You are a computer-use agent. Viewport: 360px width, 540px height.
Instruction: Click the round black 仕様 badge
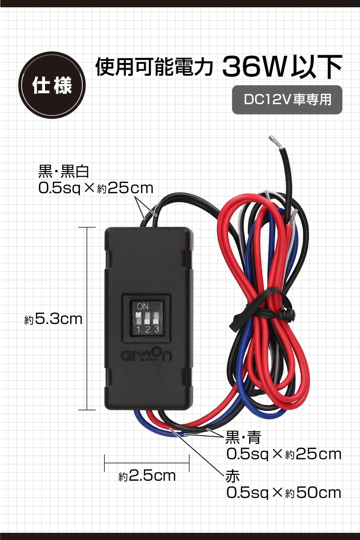(52, 85)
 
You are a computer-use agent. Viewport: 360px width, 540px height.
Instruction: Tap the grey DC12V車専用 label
(287, 100)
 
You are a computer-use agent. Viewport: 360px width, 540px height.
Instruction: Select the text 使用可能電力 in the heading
(154, 67)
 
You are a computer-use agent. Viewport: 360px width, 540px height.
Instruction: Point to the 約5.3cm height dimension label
(54, 319)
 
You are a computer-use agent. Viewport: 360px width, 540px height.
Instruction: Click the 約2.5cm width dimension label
(147, 476)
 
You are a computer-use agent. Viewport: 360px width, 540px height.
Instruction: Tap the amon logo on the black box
(146, 355)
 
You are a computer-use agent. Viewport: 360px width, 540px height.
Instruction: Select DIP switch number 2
(147, 319)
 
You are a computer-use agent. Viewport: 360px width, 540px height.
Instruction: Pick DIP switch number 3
(156, 319)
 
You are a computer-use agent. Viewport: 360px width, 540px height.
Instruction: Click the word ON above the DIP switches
(143, 306)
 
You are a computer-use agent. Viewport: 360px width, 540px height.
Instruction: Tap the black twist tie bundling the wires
(266, 309)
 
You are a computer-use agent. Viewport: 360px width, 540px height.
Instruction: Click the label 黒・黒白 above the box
(64, 171)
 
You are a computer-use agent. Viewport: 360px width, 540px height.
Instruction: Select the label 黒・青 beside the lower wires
(243, 437)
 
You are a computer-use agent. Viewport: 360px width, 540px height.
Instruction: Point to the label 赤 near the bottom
(233, 476)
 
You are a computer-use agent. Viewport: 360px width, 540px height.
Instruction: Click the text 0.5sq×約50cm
(284, 492)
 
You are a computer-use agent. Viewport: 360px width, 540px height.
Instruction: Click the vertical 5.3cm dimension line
(87, 319)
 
